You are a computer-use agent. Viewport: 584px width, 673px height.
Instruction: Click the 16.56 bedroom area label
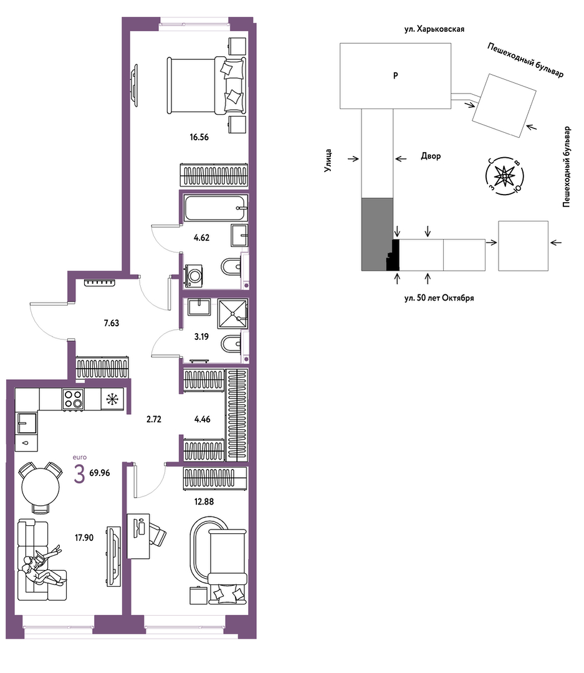point(199,137)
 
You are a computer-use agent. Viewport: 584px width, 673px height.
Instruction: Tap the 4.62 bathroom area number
point(201,238)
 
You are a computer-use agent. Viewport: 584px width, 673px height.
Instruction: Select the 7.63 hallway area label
point(112,323)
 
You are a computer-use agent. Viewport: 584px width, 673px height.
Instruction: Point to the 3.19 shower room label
point(201,337)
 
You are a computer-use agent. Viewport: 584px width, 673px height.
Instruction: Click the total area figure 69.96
point(100,473)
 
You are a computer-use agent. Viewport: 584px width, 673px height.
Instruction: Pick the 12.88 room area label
point(204,501)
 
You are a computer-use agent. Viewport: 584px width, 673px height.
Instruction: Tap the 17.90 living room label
point(84,538)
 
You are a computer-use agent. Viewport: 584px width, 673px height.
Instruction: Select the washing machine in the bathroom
point(194,276)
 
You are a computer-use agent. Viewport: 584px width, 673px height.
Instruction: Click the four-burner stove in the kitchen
point(73,400)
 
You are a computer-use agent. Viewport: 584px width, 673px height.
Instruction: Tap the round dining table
point(41,487)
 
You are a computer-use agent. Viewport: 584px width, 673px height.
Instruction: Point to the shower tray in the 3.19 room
point(233,314)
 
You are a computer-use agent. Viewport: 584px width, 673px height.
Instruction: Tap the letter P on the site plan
point(395,75)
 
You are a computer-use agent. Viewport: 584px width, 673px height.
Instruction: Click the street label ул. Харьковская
point(434,29)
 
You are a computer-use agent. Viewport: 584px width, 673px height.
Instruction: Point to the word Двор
point(431,156)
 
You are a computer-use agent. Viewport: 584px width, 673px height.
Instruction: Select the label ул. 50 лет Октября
point(439,298)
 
